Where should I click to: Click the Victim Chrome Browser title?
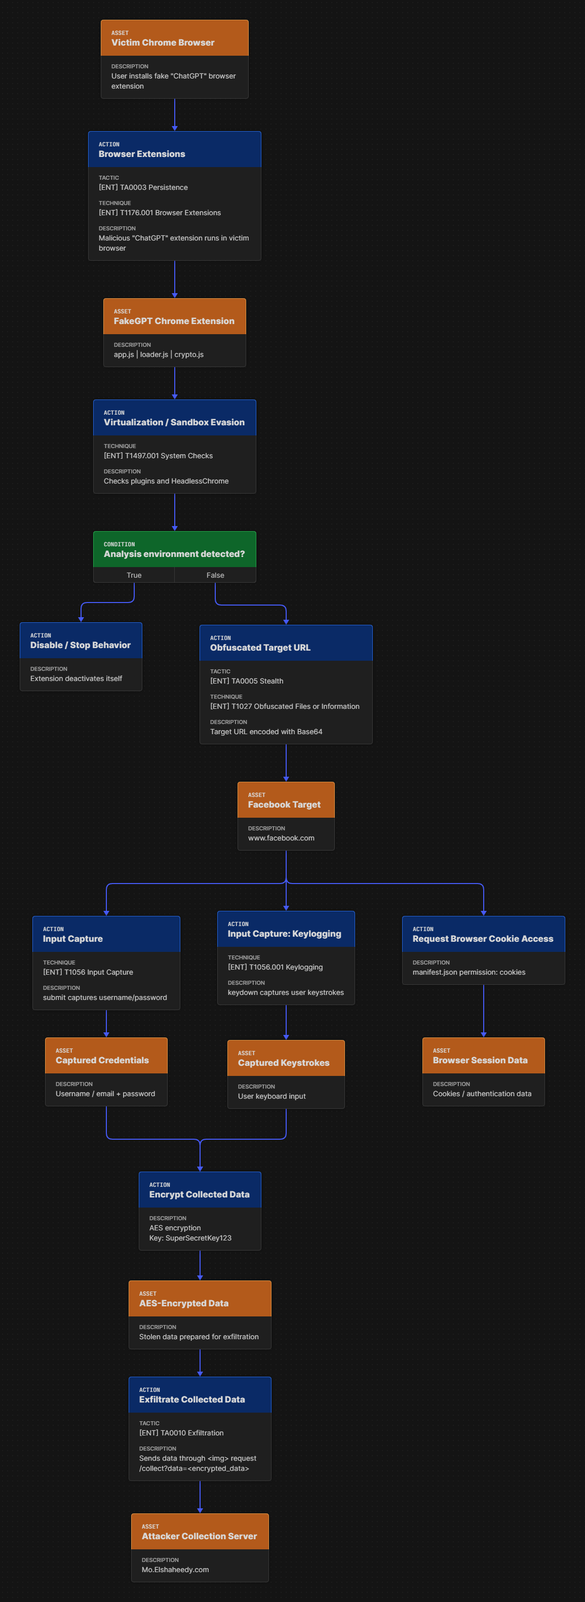[x=163, y=43]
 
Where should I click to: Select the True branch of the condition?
[x=134, y=575]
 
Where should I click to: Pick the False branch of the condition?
[x=215, y=575]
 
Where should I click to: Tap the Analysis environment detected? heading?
[x=174, y=554]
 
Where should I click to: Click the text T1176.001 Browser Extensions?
[x=160, y=213]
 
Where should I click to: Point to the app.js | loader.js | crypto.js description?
[x=159, y=354]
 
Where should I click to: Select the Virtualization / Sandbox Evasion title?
[x=174, y=422]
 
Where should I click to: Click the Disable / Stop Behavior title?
[x=81, y=646]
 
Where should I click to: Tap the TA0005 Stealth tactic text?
[x=247, y=681]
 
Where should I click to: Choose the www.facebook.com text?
[x=281, y=838]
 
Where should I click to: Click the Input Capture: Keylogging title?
[x=285, y=934]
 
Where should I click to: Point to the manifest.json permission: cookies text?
[x=469, y=973]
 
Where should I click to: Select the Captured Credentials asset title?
[x=102, y=1061]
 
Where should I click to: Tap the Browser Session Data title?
[x=480, y=1061]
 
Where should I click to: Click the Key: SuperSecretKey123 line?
[x=190, y=1238]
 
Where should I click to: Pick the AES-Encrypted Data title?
[x=183, y=1303]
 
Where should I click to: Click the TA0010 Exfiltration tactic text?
[x=181, y=1433]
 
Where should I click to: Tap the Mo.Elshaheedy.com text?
[x=175, y=1570]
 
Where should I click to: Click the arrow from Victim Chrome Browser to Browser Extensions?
[x=175, y=115]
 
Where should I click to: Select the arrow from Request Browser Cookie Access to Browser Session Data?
[x=484, y=1011]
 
